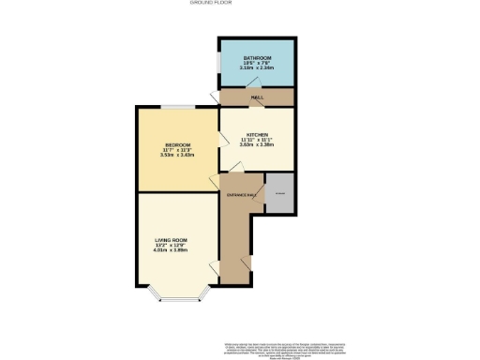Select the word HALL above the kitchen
[257, 97]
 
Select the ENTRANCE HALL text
[241, 194]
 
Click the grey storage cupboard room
[278, 193]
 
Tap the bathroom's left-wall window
[218, 63]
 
